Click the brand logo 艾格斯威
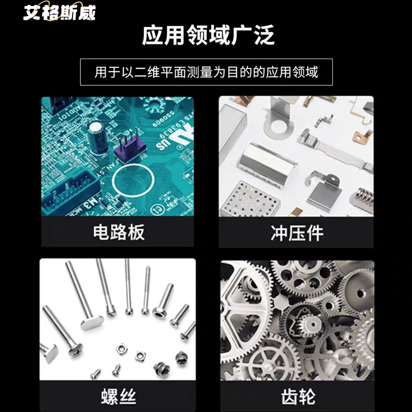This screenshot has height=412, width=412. (59, 12)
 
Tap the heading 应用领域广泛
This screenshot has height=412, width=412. (208, 35)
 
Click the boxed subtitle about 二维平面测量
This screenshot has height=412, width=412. (207, 72)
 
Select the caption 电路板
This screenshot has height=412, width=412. (119, 232)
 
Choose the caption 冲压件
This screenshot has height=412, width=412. (297, 233)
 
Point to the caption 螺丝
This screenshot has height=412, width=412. (118, 397)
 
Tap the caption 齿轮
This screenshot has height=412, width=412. (298, 397)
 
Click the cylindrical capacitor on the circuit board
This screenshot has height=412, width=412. (98, 137)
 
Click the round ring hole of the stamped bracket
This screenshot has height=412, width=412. (279, 127)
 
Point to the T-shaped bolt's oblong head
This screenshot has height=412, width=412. (92, 322)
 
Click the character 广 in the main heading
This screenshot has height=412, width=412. (242, 35)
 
